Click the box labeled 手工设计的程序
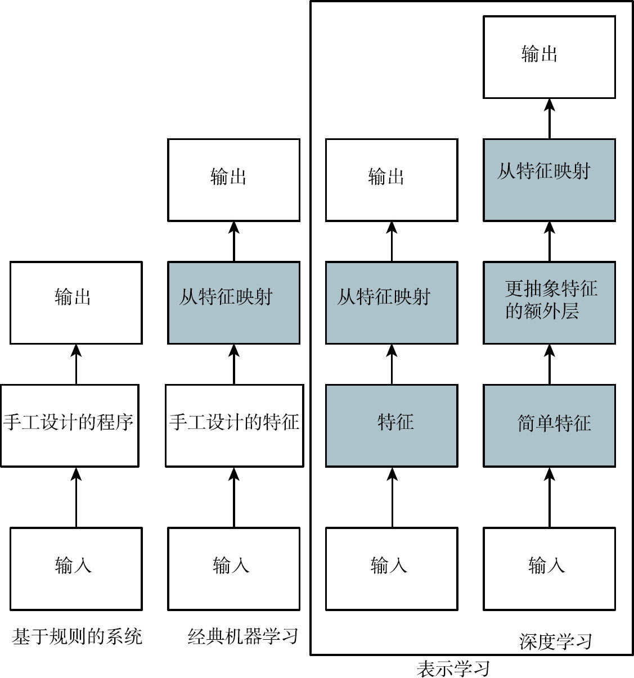click(x=70, y=426)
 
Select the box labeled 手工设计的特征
click(x=235, y=426)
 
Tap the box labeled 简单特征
click(x=549, y=426)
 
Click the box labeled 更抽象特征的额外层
click(x=549, y=302)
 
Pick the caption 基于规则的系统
click(x=77, y=636)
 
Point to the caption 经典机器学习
click(x=242, y=636)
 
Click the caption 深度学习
click(x=555, y=641)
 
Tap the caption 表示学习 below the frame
click(x=453, y=668)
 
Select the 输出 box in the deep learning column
click(x=549, y=57)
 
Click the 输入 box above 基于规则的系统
click(x=76, y=569)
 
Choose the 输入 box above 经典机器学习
click(x=234, y=569)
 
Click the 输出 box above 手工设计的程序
click(x=76, y=302)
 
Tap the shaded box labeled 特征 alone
click(x=392, y=426)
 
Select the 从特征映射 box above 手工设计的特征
click(x=234, y=302)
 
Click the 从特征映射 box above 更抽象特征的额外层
click(x=549, y=179)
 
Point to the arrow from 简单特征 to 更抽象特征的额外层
click(x=549, y=364)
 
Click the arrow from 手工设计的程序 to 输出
click(x=76, y=364)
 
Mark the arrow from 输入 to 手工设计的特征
click(x=234, y=497)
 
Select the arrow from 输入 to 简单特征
click(x=549, y=497)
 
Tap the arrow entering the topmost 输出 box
click(x=549, y=119)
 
